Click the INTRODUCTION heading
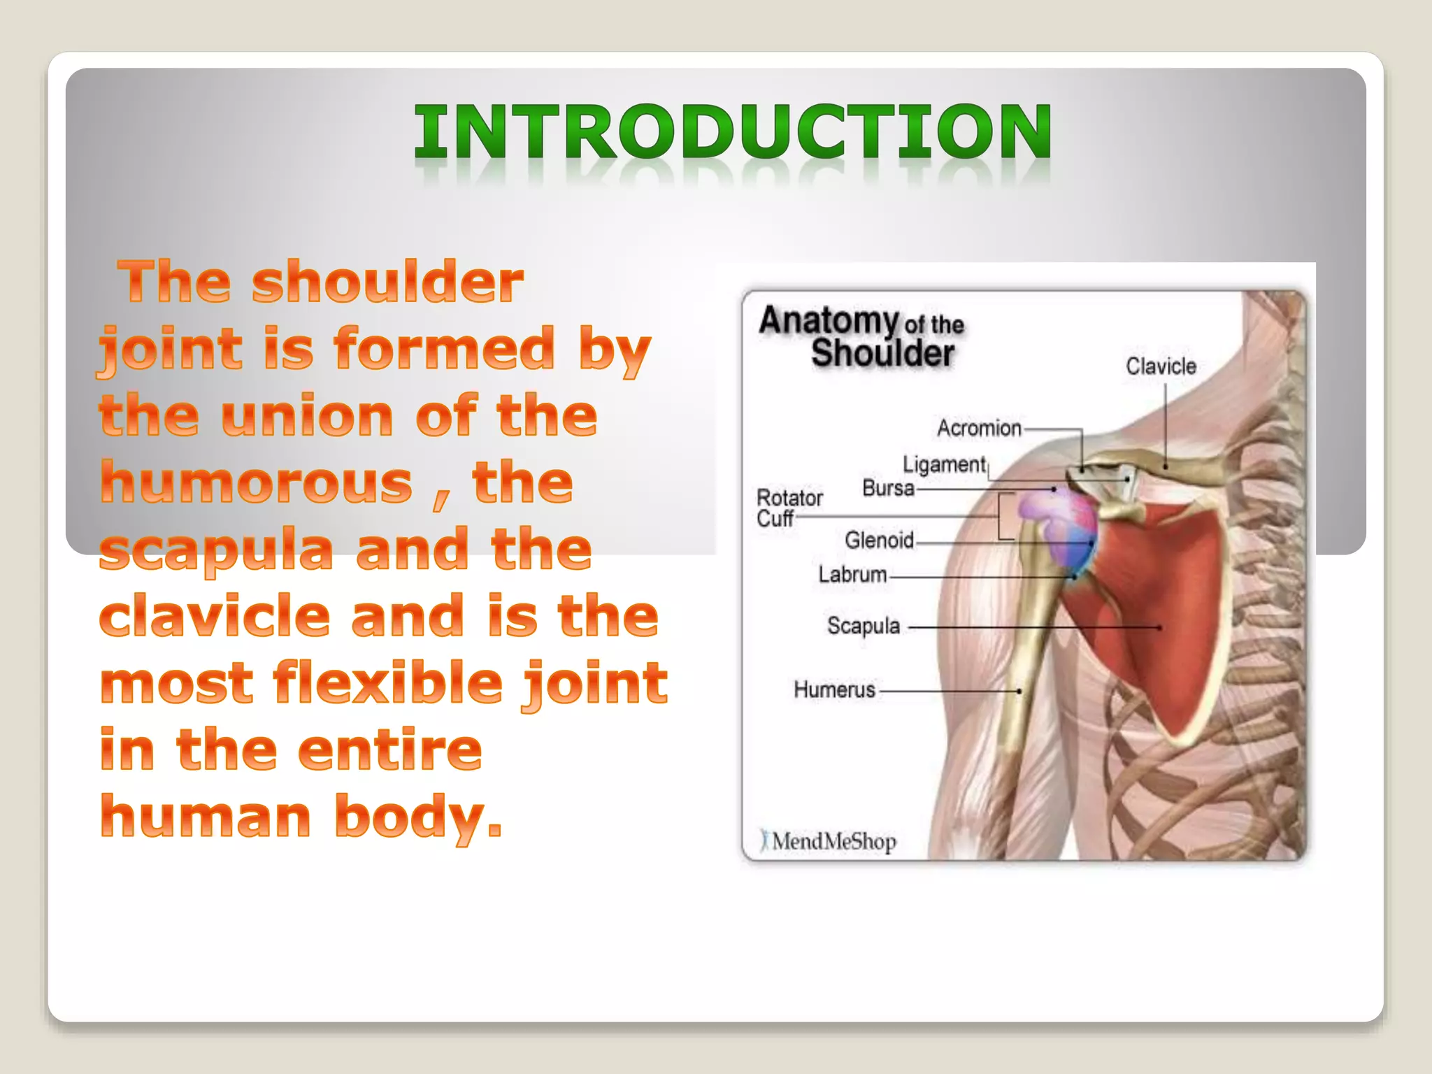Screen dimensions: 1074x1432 732,131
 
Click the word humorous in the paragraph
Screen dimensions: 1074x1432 257,482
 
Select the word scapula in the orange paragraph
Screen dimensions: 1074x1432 216,550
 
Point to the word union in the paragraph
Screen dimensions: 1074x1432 307,416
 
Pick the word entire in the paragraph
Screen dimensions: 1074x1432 389,750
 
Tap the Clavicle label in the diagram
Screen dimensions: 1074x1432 1161,366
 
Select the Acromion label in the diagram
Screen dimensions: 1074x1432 979,427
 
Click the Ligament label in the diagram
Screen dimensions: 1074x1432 944,464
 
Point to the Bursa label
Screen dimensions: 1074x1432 888,487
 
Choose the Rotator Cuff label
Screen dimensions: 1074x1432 789,508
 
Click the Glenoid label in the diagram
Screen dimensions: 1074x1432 879,540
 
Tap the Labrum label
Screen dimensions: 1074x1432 852,574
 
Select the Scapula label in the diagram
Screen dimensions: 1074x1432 863,625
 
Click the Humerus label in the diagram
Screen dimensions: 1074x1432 834,689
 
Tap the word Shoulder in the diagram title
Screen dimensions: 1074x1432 882,353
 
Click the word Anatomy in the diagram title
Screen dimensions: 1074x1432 829,321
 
